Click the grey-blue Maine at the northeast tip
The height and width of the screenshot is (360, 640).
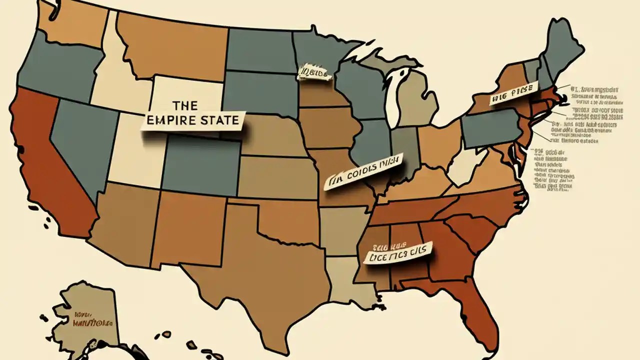562,50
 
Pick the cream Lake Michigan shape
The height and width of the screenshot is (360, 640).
395,100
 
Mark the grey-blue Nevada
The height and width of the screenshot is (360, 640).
80,145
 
